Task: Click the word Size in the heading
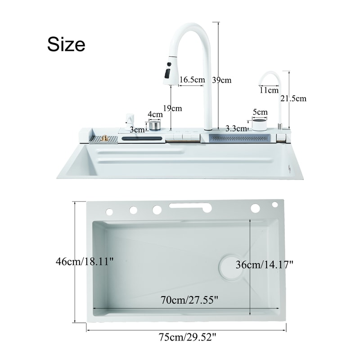tap(66, 44)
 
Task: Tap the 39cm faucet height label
tap(222, 80)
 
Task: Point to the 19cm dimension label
tap(173, 108)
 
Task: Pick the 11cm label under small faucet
tap(269, 90)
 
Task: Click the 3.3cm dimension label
tap(236, 128)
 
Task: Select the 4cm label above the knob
tap(155, 114)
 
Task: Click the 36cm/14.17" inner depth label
tap(265, 265)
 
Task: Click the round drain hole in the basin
tap(231, 268)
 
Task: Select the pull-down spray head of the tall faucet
tap(170, 71)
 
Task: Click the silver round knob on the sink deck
tap(155, 125)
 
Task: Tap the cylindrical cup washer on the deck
tap(259, 124)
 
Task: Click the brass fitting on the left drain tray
tap(105, 138)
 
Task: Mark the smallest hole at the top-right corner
tap(275, 205)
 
